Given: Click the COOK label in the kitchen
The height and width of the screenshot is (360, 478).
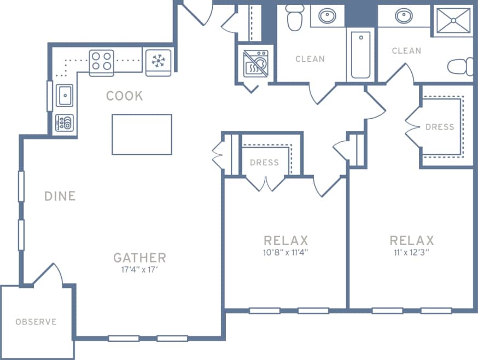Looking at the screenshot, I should pos(124,96).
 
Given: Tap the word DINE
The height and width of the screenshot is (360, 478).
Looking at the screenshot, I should pos(60,196).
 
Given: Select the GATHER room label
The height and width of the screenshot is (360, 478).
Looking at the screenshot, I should pos(139,257).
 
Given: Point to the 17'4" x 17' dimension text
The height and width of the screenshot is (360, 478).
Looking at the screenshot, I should pos(139,270).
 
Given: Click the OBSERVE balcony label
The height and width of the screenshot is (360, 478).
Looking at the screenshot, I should pos(36,322).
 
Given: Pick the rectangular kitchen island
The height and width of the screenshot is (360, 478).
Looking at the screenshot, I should pos(142,134).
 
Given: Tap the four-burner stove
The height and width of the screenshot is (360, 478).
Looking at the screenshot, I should pos(101,60).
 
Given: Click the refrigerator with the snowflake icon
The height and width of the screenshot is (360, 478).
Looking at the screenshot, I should pos(159,60).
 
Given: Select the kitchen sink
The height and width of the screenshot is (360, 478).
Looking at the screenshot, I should pos(65,95).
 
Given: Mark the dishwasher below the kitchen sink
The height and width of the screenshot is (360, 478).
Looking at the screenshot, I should pos(65,123).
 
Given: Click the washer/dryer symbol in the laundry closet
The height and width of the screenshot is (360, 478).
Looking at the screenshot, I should pos(256,63).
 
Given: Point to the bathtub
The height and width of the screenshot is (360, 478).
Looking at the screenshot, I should pos(360,55).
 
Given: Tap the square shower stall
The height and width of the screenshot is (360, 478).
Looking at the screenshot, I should pos(453,21).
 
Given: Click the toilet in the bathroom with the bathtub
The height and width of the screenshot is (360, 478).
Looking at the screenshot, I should pos(295,18).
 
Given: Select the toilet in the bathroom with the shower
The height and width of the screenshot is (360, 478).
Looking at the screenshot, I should pos(461,67).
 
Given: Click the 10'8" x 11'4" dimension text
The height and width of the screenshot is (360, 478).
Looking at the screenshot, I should pos(285,252).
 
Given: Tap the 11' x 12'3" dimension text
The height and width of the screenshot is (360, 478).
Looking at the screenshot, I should pos(411,252).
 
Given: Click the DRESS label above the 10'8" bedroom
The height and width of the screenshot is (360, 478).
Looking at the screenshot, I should pos(264,162).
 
